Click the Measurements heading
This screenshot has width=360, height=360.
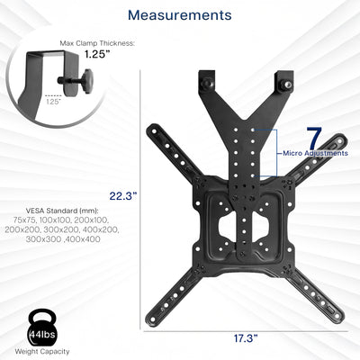click(x=179, y=15)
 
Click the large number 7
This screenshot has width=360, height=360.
click(x=313, y=139)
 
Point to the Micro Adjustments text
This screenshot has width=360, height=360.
click(x=314, y=154)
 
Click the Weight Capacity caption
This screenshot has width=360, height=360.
click(x=41, y=352)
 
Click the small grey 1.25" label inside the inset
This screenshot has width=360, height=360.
click(x=29, y=102)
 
